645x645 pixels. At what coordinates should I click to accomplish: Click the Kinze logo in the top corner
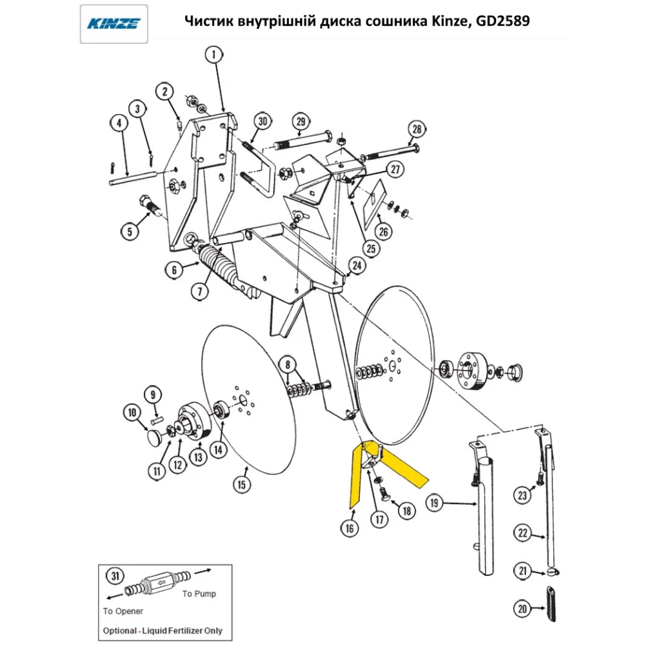point(114,24)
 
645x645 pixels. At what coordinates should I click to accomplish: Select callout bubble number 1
point(214,55)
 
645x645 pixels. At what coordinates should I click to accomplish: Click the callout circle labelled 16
point(349,528)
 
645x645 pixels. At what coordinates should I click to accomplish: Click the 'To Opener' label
point(123,611)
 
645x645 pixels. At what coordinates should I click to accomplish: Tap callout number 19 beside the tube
point(434,502)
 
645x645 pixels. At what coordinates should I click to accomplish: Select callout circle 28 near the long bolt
point(416,129)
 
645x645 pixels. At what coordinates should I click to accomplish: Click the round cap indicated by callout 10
point(154,439)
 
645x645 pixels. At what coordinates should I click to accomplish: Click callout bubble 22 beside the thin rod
point(522,533)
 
